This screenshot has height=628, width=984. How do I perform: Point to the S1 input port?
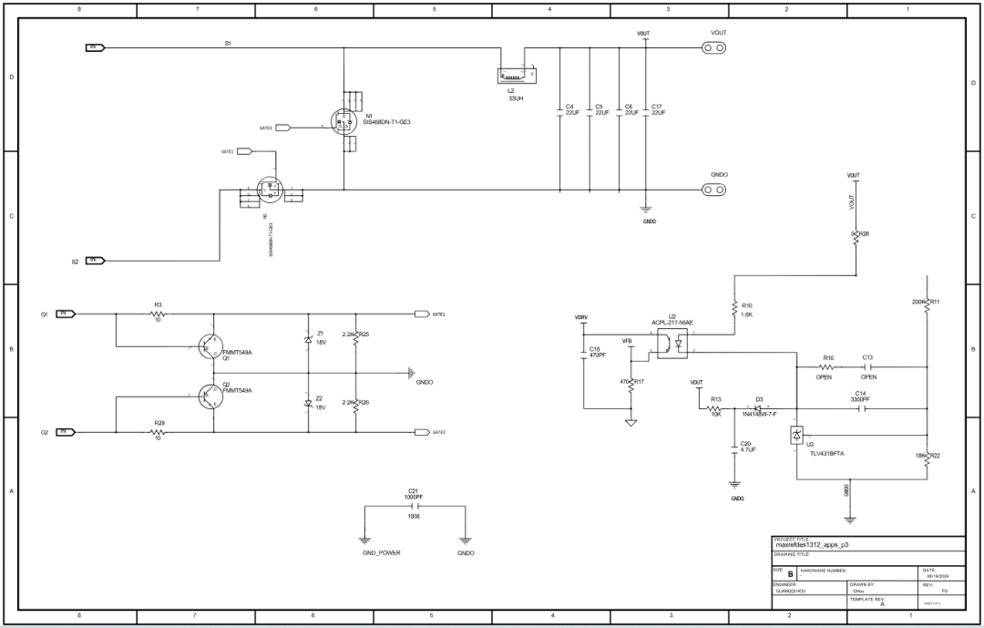tap(96, 47)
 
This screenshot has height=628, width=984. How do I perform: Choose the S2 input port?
tap(96, 261)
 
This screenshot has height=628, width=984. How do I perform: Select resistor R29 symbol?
tap(159, 432)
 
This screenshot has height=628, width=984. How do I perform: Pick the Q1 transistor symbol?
tap(209, 346)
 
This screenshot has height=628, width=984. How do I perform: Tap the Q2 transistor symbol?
tap(209, 395)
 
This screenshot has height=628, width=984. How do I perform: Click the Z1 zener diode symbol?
tap(308, 339)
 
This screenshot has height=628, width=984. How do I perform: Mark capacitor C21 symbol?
tap(413, 504)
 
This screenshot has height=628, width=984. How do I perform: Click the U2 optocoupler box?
tap(672, 345)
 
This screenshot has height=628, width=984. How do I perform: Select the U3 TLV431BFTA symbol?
tap(797, 437)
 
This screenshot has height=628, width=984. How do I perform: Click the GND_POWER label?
tap(381, 553)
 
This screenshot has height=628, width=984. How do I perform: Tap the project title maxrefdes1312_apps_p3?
tap(814, 545)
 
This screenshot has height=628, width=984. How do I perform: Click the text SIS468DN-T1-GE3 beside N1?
tap(388, 122)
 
